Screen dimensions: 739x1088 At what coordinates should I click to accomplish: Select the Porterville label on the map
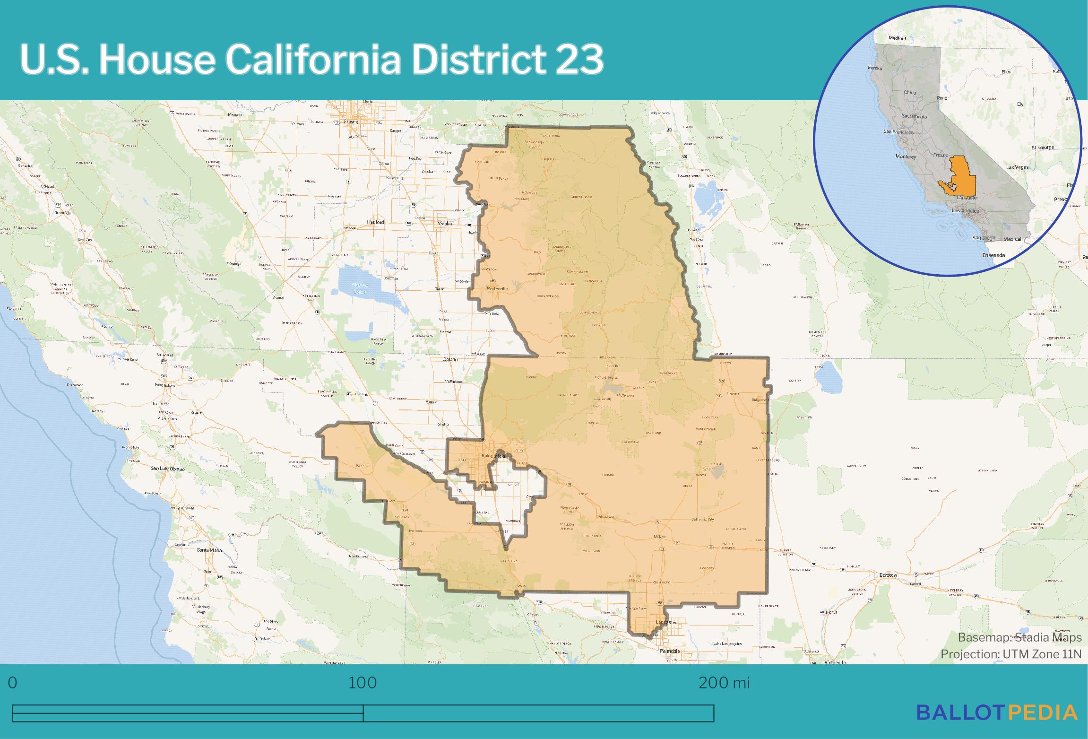point(497,288)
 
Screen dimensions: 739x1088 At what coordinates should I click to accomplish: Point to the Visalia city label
point(444,223)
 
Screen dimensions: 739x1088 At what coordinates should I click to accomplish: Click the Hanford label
point(376,222)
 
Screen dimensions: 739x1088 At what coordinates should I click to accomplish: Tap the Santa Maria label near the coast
point(209,550)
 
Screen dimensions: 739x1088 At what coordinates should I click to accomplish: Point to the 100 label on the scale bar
point(363,683)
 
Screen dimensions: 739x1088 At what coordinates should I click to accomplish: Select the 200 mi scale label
point(724,683)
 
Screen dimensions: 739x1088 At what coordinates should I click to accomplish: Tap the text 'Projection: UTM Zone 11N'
point(1010,654)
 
